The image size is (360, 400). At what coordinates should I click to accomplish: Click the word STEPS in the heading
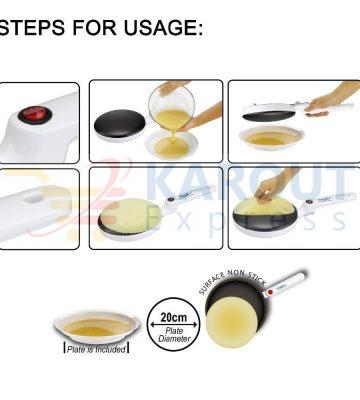point(32,27)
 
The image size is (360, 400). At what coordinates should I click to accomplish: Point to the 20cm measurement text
point(173,317)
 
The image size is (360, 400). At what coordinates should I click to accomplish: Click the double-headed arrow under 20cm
point(173,324)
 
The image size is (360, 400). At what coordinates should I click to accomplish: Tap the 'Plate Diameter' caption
point(174,335)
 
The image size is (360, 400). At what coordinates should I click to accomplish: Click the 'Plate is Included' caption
point(96,349)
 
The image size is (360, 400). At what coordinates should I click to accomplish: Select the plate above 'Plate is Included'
point(97,326)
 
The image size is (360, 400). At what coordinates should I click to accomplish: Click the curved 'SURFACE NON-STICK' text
point(232,282)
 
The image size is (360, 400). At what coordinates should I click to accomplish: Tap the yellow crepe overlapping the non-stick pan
point(232,322)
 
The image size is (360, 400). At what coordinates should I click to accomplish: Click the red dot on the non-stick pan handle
point(270,292)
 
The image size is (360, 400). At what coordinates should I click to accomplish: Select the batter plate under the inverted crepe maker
point(271,137)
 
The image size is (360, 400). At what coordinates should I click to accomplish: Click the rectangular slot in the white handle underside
point(36,197)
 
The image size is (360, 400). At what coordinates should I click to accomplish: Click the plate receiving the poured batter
point(171,145)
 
